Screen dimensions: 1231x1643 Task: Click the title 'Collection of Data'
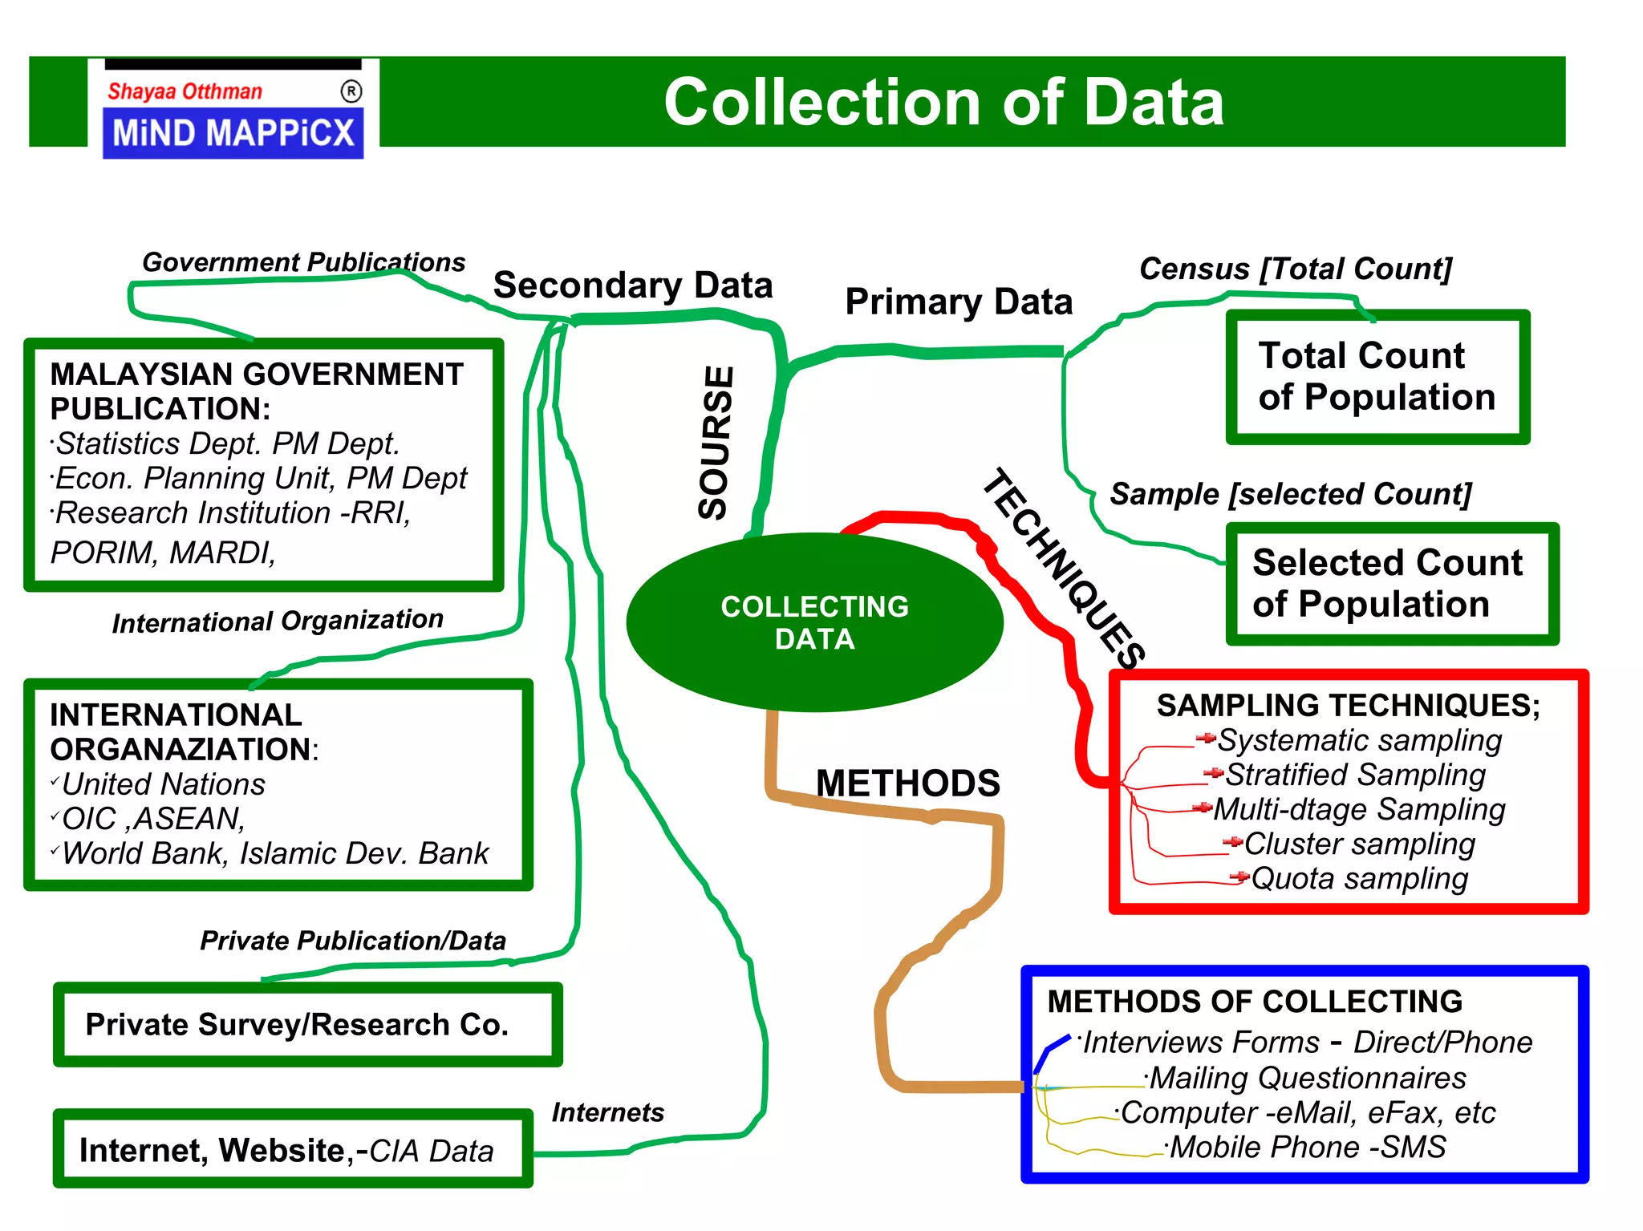pos(943,102)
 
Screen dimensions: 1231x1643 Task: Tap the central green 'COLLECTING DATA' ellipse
pos(814,622)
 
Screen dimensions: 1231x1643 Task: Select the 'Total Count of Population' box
pos(1377,377)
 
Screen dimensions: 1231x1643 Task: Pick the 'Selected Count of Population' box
pos(1391,584)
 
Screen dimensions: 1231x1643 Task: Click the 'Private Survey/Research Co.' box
pos(307,1025)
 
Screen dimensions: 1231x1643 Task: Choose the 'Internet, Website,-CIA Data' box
pos(292,1150)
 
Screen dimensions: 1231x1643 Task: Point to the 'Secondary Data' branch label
pos(632,285)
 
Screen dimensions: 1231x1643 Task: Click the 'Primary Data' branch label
pos(959,302)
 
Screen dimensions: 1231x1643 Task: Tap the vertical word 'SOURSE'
pos(716,442)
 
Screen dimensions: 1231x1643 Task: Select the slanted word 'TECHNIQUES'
pos(1064,567)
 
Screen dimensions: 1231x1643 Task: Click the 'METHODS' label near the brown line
pos(907,783)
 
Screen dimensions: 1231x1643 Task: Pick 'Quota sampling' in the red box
pos(1359,879)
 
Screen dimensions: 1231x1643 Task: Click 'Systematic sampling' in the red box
pos(1359,740)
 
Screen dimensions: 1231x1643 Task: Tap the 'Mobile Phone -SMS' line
pos(1308,1148)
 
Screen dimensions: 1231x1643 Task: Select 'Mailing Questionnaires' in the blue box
pos(1308,1079)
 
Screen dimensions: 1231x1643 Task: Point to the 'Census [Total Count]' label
pos(1296,269)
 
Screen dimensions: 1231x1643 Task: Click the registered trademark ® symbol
pos(351,91)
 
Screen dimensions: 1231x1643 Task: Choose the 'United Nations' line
pos(164,784)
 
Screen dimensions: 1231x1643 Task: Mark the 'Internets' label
pos(608,1112)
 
